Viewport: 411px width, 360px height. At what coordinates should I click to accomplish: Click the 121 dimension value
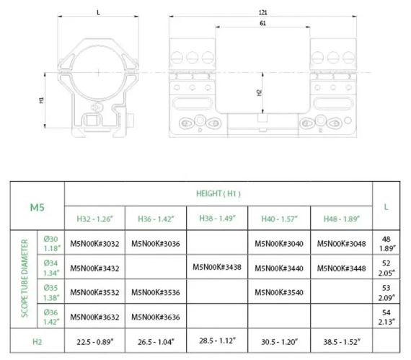(262, 12)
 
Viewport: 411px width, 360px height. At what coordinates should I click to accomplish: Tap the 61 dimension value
(262, 23)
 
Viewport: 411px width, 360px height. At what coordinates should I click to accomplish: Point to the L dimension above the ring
(98, 12)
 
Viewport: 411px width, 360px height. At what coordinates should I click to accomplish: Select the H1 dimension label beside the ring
(41, 100)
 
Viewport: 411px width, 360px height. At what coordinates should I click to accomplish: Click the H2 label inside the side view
(260, 92)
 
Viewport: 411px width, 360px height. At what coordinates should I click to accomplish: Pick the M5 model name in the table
(37, 207)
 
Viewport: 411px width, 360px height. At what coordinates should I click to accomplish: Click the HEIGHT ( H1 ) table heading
(218, 193)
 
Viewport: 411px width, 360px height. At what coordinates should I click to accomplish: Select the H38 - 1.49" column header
(217, 218)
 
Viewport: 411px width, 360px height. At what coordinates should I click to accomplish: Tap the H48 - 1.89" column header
(342, 219)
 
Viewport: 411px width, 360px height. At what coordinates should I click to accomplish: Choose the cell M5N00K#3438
(217, 267)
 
